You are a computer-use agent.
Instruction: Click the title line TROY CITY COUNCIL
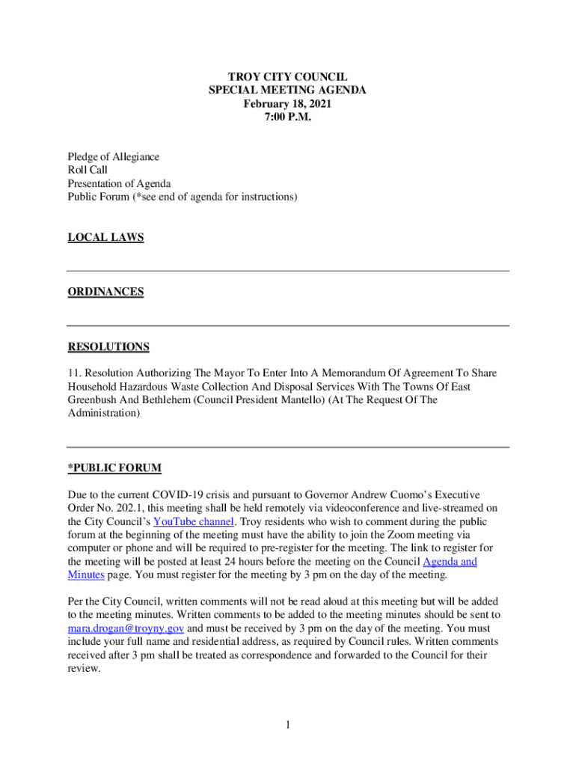287,77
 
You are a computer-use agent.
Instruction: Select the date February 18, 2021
287,104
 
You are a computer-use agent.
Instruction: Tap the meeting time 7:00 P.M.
287,117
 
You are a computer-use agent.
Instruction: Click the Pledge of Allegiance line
114,157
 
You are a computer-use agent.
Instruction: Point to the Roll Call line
88,171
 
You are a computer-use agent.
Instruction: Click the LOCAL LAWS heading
105,237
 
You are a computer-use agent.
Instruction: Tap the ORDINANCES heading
105,292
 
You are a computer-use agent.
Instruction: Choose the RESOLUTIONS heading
108,346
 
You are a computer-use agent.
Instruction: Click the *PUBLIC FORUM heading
114,468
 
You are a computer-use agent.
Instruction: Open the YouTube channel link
194,521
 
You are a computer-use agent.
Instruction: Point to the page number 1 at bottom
288,724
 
